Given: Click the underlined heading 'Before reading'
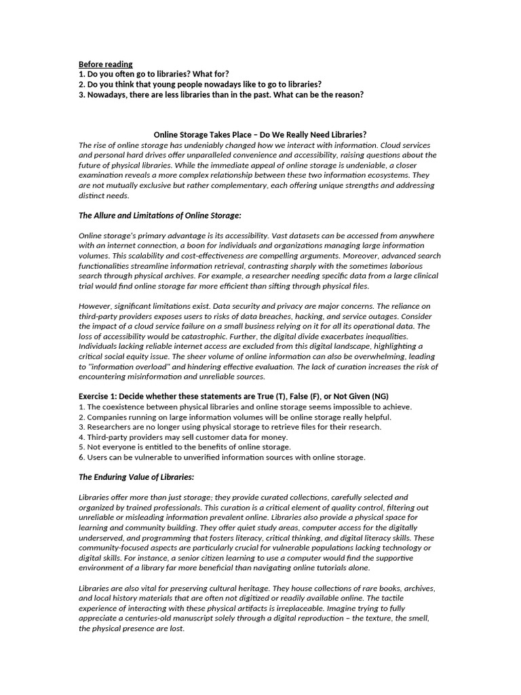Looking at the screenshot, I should click(105, 64).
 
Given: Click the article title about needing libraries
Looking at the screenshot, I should click(260, 135).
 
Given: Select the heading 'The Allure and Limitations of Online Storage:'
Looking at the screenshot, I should click(159, 215).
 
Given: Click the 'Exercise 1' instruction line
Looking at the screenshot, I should click(233, 396).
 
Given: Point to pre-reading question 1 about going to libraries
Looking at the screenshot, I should click(153, 74).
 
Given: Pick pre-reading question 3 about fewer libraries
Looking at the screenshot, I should click(220, 94).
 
